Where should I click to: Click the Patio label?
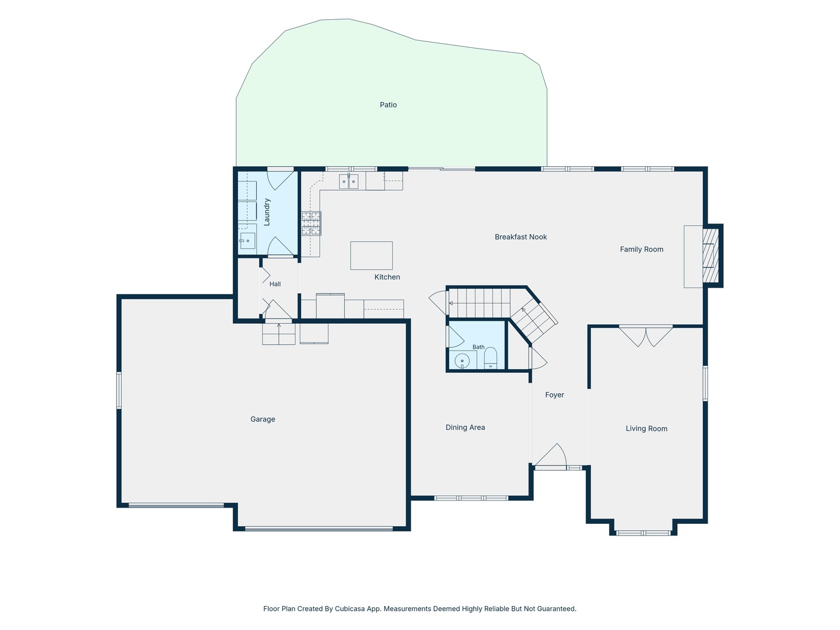[x=388, y=105]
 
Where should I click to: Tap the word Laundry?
[x=267, y=212]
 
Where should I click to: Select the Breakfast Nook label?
[x=520, y=237]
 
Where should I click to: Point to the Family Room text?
[x=642, y=250]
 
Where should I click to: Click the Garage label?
[x=262, y=419]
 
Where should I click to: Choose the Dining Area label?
[x=465, y=427]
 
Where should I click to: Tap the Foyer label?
[x=555, y=395]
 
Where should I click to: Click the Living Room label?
[x=646, y=428]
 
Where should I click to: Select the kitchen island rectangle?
[x=371, y=256]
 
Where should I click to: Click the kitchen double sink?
[x=349, y=181]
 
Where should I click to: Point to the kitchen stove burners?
[x=311, y=223]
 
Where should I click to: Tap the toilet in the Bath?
[x=490, y=358]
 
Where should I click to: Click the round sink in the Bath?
[x=462, y=360]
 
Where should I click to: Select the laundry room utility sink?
[x=247, y=240]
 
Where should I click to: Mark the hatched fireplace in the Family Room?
[x=710, y=256]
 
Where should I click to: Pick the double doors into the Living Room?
[x=646, y=336]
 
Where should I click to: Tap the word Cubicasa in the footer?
[x=349, y=608]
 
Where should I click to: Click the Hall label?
[x=275, y=284]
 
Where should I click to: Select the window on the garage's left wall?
[x=118, y=391]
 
